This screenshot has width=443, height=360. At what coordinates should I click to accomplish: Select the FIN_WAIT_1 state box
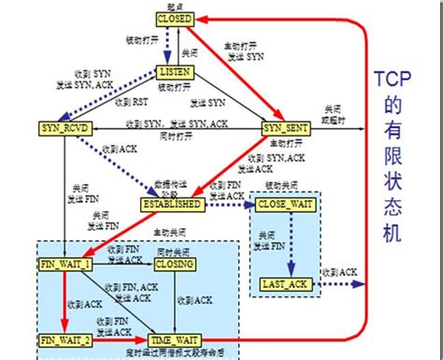tap(64, 265)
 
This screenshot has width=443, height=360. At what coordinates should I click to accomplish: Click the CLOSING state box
tap(175, 265)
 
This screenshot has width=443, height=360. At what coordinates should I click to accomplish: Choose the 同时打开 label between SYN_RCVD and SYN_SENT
tap(172, 137)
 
